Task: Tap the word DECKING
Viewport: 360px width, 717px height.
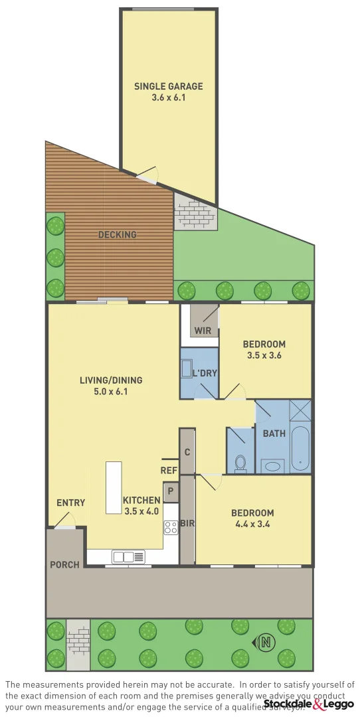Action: (118, 234)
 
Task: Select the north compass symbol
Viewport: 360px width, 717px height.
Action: (266, 642)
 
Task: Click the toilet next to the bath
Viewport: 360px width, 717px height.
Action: (240, 462)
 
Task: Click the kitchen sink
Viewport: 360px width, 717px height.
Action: (128, 557)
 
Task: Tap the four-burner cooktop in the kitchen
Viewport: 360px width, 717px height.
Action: (171, 527)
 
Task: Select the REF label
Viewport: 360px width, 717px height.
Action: (169, 470)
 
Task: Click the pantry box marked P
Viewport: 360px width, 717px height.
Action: (171, 491)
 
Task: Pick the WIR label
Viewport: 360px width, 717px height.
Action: (202, 331)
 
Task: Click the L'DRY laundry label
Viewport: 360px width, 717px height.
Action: (205, 373)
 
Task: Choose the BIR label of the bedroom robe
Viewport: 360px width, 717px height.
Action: (187, 524)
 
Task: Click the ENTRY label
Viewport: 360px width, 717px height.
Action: (70, 503)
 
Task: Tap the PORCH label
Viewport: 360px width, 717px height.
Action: (64, 565)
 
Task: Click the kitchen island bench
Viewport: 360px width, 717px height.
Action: (114, 487)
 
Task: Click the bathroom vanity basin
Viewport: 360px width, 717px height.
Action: (272, 466)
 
